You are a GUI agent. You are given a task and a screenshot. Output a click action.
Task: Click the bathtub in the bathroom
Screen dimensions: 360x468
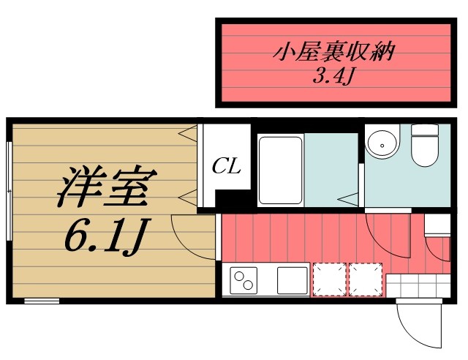click(x=281, y=169)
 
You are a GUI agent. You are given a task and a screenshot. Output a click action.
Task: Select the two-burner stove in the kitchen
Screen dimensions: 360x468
click(x=244, y=279)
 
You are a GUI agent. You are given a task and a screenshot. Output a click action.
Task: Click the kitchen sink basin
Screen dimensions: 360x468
click(x=291, y=279)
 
